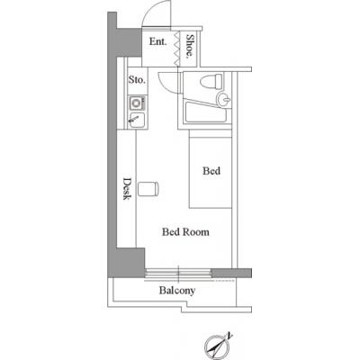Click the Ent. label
[x=157, y=41]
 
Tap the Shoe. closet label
[x=189, y=46]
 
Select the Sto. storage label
[x=137, y=80]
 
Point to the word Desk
[x=127, y=189]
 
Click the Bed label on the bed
[x=211, y=171]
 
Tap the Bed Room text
[x=185, y=232]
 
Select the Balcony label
[x=177, y=291]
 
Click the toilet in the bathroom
[x=211, y=81]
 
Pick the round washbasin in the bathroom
[x=223, y=99]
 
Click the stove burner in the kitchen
[x=137, y=103]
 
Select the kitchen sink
[x=138, y=120]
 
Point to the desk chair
[x=148, y=189]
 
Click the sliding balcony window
[x=178, y=273]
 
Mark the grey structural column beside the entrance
[x=129, y=42]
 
